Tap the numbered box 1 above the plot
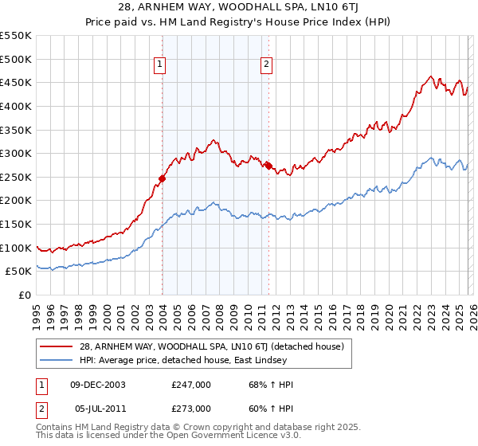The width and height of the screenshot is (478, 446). tap(160, 65)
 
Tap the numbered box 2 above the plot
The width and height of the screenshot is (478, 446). tap(266, 65)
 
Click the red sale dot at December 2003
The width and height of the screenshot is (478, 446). tap(162, 178)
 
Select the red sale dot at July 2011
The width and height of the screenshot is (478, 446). tap(268, 166)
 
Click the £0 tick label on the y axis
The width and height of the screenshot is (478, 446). tap(23, 295)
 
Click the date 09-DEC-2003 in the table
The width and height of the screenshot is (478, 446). tap(98, 385)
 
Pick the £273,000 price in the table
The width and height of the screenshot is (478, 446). tap(190, 408)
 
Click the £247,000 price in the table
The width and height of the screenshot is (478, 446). tap(190, 385)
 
